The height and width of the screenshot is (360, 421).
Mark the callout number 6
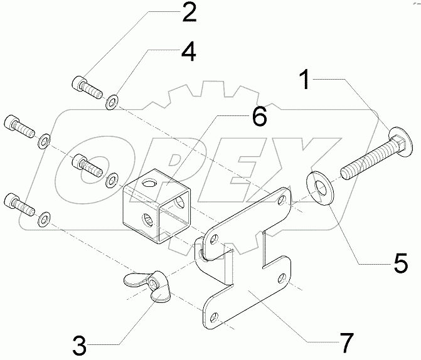coord(259,115)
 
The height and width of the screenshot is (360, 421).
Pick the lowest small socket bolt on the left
coord(17,202)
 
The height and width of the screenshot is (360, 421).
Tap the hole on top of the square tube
coord(149,183)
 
